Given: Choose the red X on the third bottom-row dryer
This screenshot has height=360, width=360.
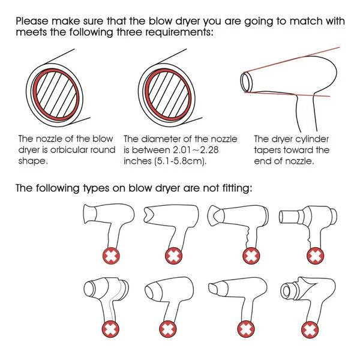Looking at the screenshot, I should (x=247, y=329).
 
